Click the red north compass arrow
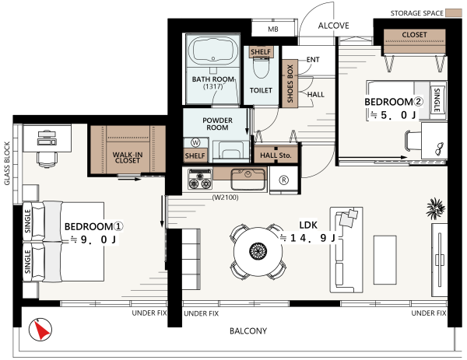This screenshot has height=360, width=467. click(x=42, y=330)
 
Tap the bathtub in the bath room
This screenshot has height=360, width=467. click(x=212, y=51)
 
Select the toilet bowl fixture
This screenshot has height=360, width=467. click(x=262, y=68)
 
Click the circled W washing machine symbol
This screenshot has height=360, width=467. click(x=195, y=143)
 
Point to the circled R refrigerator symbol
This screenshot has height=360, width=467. click(x=284, y=180)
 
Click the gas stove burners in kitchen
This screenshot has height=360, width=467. click(x=200, y=180)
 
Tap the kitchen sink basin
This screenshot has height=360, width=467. click(x=248, y=179)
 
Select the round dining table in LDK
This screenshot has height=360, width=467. click(x=258, y=251)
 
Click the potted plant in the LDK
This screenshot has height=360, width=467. click(x=436, y=208)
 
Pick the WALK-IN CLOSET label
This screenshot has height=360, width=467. click(x=128, y=158)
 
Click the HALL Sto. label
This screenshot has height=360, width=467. click(x=276, y=156)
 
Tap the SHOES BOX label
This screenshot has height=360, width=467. click(x=290, y=84)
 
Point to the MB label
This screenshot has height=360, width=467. click(x=273, y=29)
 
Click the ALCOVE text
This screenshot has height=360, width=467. click(x=334, y=26)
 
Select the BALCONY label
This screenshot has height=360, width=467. click(x=248, y=331)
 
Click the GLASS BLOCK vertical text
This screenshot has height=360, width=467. click(x=7, y=163)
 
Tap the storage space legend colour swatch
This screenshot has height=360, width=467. click(x=454, y=13)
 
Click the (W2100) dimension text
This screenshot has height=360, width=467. click(x=225, y=197)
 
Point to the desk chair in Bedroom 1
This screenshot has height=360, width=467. click(x=47, y=159)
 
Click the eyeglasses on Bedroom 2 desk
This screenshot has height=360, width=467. click(x=439, y=149)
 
